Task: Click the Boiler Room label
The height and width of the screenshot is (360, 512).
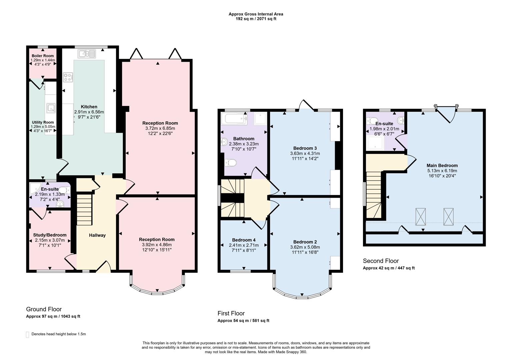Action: click(x=43, y=56)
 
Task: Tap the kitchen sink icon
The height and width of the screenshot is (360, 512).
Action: click(x=87, y=53)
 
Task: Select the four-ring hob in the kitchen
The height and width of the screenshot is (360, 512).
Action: click(x=68, y=77)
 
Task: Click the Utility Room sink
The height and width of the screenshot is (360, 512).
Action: click(x=51, y=108)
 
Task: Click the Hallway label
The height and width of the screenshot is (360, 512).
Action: click(x=97, y=235)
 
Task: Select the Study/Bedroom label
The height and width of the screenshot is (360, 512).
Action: click(x=50, y=235)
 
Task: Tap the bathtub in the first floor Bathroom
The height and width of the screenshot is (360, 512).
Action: click(x=234, y=118)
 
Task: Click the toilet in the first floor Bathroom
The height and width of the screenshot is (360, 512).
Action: click(x=230, y=163)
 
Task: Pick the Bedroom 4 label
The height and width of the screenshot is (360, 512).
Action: click(x=244, y=240)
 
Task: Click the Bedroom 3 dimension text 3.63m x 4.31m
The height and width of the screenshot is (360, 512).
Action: click(x=305, y=153)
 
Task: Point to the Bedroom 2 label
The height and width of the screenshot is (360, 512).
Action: click(x=305, y=242)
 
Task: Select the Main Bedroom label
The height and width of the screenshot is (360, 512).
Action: click(x=442, y=165)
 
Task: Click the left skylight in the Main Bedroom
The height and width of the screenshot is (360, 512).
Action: click(x=421, y=216)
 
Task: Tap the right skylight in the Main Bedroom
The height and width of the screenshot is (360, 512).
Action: click(x=449, y=216)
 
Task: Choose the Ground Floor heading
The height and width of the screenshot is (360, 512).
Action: click(x=44, y=309)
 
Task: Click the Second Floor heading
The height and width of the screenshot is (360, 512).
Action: click(x=381, y=261)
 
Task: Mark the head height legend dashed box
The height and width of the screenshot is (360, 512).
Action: click(x=27, y=334)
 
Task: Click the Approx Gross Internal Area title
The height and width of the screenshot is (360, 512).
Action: click(x=256, y=14)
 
